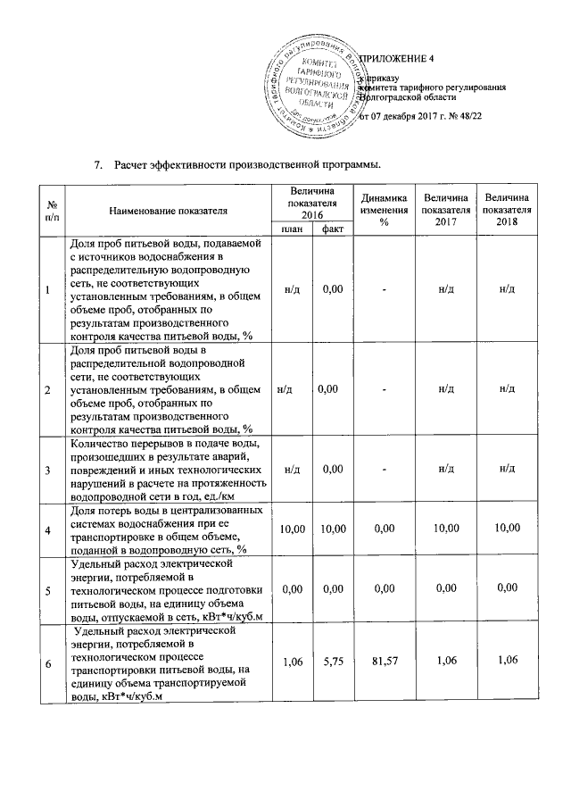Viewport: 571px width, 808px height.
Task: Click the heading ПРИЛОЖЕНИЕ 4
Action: [x=396, y=59]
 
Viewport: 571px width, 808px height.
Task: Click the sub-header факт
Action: [x=332, y=230]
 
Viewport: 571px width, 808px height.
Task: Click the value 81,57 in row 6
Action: [x=383, y=662]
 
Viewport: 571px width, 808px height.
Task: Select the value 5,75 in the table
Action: [x=332, y=662]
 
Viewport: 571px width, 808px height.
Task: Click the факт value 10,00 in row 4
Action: [x=332, y=530]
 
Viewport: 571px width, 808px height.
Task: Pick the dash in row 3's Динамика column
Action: [x=383, y=469]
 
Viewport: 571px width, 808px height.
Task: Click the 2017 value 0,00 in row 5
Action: [x=447, y=590]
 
